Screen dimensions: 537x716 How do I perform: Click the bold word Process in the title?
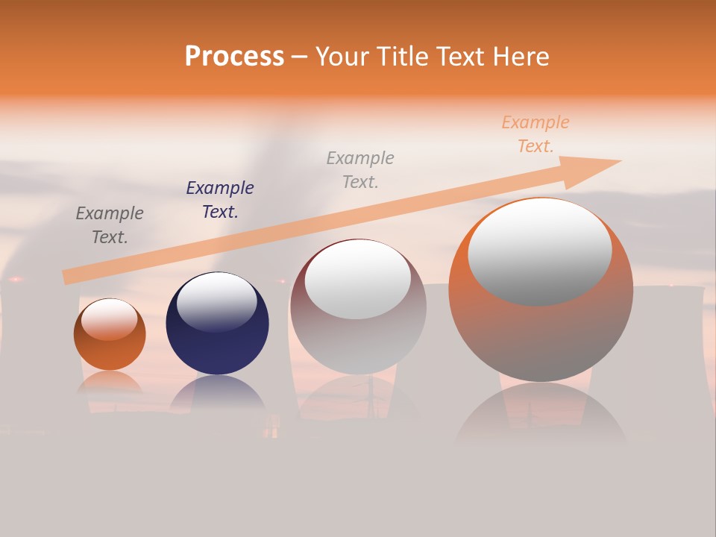pos(234,57)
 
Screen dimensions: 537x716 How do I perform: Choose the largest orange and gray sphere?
pos(541,328)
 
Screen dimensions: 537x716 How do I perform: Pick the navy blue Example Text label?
pos(220,200)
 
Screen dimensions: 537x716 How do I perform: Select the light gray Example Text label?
pos(360,169)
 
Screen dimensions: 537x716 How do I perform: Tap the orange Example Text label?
pos(536,134)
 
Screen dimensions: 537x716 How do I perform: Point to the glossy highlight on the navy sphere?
pos(217,301)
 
